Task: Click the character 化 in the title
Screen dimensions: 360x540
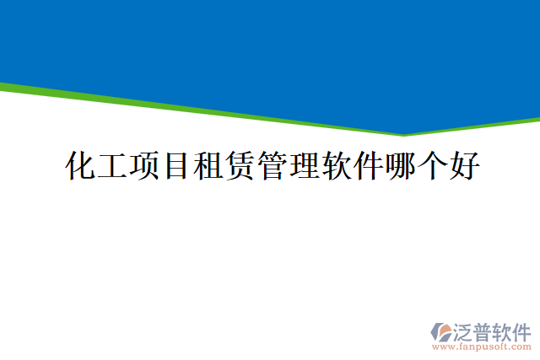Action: pyautogui.click(x=80, y=166)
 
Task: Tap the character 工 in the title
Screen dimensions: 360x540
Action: pyautogui.click(x=112, y=166)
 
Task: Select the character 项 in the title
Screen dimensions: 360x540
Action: pyautogui.click(x=144, y=166)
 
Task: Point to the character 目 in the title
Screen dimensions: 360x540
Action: pyautogui.click(x=176, y=166)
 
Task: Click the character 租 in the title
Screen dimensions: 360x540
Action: pyautogui.click(x=208, y=166)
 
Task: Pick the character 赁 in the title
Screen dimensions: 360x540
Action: pyautogui.click(x=240, y=166)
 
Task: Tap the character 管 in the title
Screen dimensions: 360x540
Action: pyautogui.click(x=273, y=166)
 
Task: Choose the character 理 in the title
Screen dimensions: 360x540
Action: pyautogui.click(x=305, y=166)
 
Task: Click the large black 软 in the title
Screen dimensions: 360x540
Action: pyautogui.click(x=337, y=166)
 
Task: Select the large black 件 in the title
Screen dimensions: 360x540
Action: pyautogui.click(x=369, y=166)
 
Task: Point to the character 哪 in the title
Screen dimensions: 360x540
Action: pyautogui.click(x=401, y=166)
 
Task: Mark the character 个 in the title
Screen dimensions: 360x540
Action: pyautogui.click(x=433, y=166)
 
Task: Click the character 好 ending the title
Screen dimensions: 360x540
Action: pyautogui.click(x=465, y=166)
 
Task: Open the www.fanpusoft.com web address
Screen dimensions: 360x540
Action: pyautogui.click(x=482, y=347)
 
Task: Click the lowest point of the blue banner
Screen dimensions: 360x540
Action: pyautogui.click(x=403, y=132)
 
